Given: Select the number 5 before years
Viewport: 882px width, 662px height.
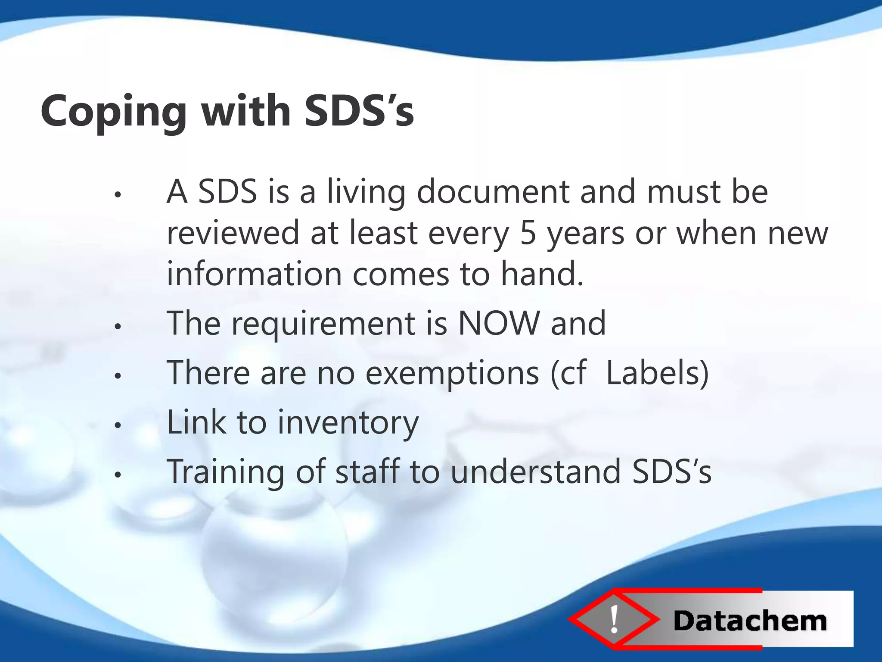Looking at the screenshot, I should click(x=528, y=233).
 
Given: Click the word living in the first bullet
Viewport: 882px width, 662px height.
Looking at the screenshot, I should click(x=366, y=192).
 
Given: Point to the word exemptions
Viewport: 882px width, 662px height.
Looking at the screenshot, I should click(x=452, y=373).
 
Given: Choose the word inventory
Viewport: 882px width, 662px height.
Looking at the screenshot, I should click(x=348, y=423).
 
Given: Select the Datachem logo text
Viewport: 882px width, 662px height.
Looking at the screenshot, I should click(x=750, y=621).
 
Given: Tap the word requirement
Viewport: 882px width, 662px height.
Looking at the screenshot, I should click(x=323, y=324).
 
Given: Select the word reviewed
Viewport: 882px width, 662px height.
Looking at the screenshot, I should click(x=233, y=233).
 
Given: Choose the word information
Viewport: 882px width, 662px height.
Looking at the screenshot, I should click(x=254, y=274).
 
